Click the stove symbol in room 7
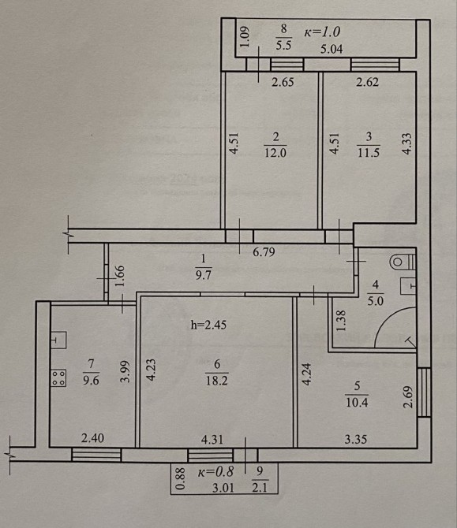[x=58, y=377]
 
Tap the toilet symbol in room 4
[x=403, y=262]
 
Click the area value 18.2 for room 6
[x=216, y=381]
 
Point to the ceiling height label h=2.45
[x=208, y=325]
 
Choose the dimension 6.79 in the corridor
[x=264, y=252]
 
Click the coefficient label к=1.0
[x=322, y=32]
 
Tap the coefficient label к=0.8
[x=215, y=471]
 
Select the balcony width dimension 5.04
[x=332, y=50]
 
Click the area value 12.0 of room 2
[x=275, y=153]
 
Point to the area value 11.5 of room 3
[x=369, y=152]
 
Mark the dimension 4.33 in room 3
[x=407, y=143]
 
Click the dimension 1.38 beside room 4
[x=341, y=321]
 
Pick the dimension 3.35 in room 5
[x=356, y=440]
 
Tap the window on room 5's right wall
[x=424, y=392]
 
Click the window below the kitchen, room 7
[x=96, y=455]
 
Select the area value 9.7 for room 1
[x=203, y=275]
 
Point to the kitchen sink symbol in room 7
[x=58, y=340]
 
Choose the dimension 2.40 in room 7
[x=93, y=438]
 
